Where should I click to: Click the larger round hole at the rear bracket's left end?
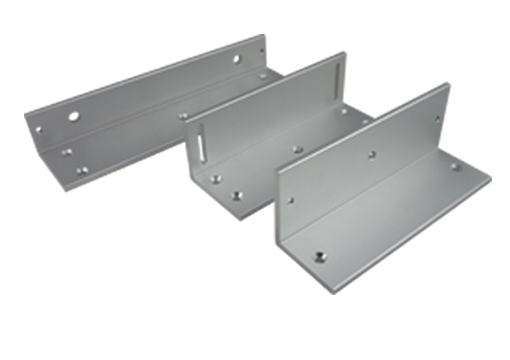tap(74, 117)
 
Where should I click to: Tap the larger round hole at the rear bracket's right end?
tap(238, 60)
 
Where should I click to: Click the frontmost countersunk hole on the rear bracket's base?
tap(81, 170)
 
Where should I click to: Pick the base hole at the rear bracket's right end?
tap(263, 75)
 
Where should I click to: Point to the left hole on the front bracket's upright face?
tap(291, 200)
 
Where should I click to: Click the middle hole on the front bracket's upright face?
tap(370, 155)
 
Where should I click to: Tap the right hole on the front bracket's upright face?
tap(437, 120)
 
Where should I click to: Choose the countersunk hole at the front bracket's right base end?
tap(455, 167)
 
